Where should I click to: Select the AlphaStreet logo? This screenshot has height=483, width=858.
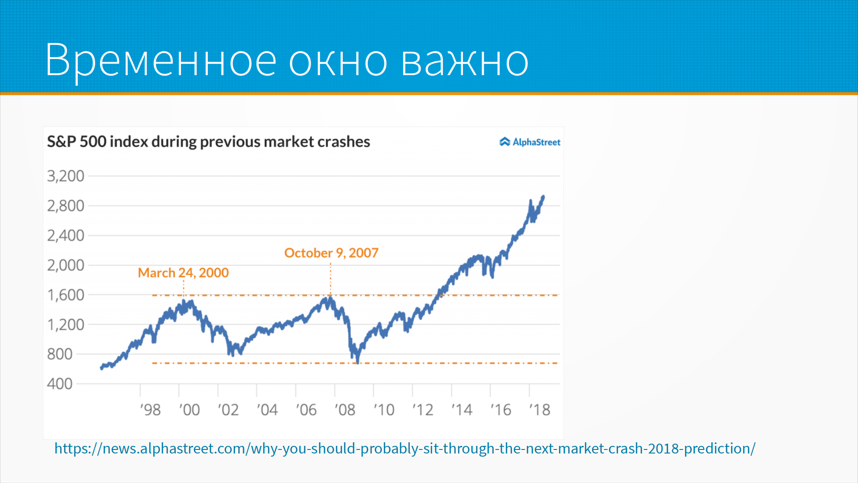pos(530,142)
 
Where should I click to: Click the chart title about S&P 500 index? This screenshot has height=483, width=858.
pos(208,142)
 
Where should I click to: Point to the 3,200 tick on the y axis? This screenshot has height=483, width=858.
pos(66,176)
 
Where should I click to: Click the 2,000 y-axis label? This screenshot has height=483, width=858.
pos(66,265)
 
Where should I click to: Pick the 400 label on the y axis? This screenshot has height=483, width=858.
pos(60,384)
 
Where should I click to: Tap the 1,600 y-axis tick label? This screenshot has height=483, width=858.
pos(66,295)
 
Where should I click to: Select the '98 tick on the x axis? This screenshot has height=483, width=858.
pos(150,410)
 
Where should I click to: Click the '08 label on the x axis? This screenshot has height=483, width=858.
pos(345,410)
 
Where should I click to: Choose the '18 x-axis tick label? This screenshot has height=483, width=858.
pos(540,410)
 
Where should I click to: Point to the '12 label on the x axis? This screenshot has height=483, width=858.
pos(423,410)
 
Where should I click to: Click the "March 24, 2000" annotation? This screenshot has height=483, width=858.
pos(183,272)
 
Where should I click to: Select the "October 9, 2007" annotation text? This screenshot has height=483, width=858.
pos(331,253)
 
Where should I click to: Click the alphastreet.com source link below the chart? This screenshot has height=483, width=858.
pos(405,448)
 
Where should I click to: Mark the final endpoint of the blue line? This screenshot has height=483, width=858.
pos(543,196)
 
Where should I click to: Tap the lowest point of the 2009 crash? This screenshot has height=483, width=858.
pos(358,362)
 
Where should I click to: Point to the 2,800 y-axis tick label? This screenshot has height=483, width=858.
pos(66,206)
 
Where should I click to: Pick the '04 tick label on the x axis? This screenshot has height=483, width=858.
pos(267,410)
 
